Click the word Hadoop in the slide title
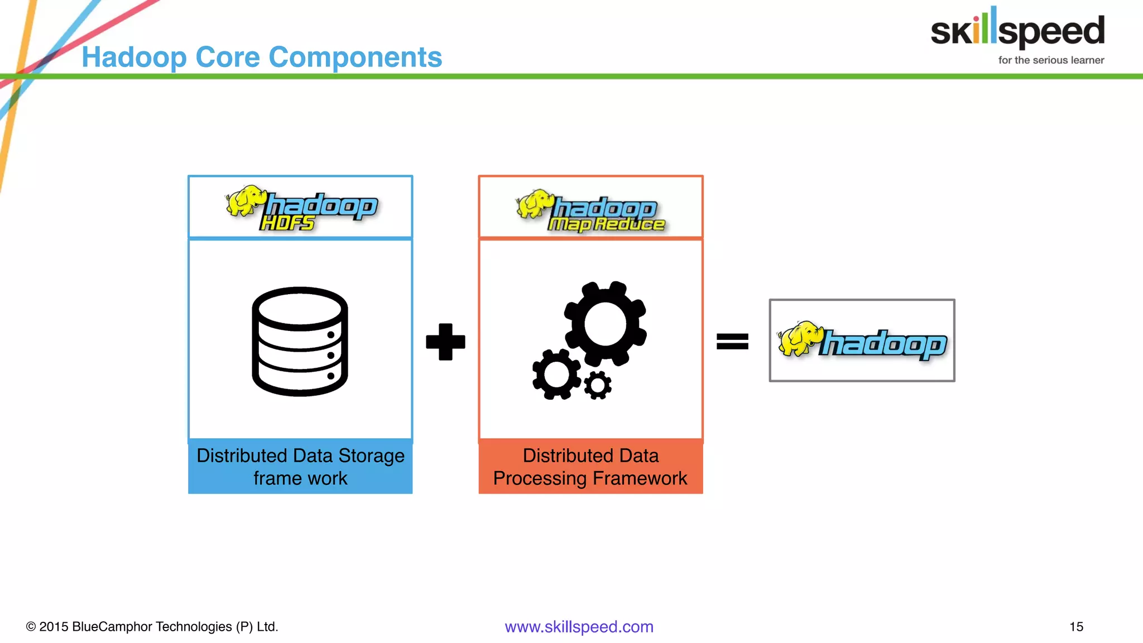coord(134,57)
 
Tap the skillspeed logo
coord(1017,30)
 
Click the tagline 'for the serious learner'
coord(1051,60)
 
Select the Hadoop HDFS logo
coord(301,208)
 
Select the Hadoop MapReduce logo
coord(590,212)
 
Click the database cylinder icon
coord(300,342)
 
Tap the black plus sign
coord(445,342)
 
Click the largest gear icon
coord(606,324)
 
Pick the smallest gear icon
coord(598,385)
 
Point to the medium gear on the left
coord(556,375)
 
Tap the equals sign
coord(732,341)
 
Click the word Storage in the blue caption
coord(371,456)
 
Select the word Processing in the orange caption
coord(540,479)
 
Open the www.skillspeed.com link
coord(579,627)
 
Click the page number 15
coord(1076,627)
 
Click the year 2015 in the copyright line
coord(54,627)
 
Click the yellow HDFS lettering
coord(287,223)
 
